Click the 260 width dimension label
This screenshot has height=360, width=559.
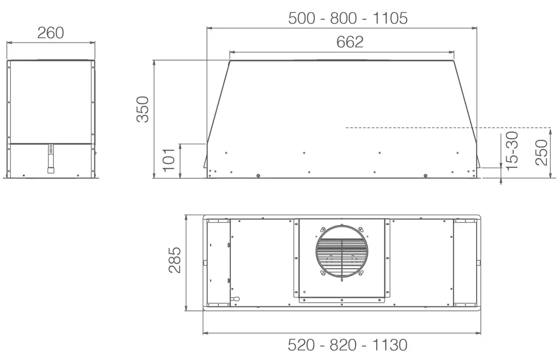[x=51, y=33]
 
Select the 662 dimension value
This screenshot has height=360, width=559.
[x=350, y=42]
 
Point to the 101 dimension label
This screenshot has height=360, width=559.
[x=169, y=160]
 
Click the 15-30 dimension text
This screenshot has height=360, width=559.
[x=512, y=150]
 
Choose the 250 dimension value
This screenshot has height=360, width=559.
[x=541, y=152]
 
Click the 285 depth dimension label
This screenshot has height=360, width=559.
[x=175, y=259]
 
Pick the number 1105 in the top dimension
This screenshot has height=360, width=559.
[x=390, y=18]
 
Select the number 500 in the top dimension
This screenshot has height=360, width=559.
[x=301, y=18]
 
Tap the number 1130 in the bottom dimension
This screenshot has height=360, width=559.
[x=390, y=345]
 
